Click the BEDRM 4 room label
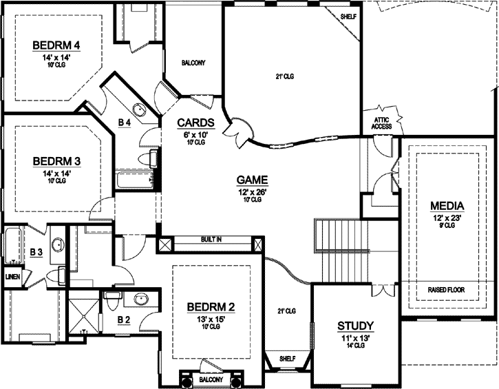click(57, 45)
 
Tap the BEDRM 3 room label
click(57, 161)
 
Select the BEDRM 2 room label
click(208, 307)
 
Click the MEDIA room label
click(447, 206)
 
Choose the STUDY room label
click(355, 326)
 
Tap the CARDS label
click(196, 123)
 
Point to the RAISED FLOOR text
click(447, 290)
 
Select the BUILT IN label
click(211, 240)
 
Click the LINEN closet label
click(12, 277)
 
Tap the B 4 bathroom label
click(125, 123)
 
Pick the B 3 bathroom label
click(36, 253)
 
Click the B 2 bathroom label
click(124, 319)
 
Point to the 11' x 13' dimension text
click(355, 337)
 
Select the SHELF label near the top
click(349, 16)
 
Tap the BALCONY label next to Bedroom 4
click(193, 63)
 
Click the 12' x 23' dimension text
click(447, 218)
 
